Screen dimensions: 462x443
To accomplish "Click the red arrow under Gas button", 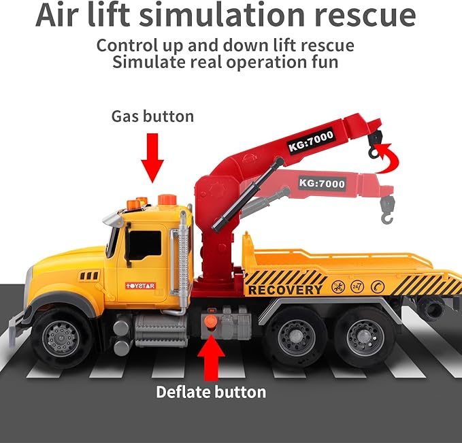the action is coord(152,158).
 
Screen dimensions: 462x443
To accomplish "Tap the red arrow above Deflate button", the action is coord(211,357).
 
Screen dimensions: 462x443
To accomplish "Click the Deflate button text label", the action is coord(211,392).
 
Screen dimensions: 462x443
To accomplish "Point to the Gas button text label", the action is coord(152,116).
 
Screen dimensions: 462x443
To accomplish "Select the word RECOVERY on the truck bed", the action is coord(285,290).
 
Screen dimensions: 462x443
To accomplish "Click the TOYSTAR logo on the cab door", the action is coord(140,286).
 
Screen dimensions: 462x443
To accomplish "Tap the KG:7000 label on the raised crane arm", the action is coord(311,140).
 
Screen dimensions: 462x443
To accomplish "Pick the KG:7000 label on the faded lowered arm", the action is coord(322,183).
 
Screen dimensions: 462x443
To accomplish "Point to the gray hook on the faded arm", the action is coord(387,210).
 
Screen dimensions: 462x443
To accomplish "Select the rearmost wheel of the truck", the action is coord(365,336).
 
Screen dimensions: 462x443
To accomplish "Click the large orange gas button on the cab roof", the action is coord(167,199).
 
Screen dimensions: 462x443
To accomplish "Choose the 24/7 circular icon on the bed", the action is coord(357,286).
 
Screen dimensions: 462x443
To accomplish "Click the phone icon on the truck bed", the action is coord(378,286).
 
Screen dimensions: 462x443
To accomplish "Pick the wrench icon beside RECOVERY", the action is coord(338,286).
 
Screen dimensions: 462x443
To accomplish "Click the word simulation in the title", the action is coord(222,15).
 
